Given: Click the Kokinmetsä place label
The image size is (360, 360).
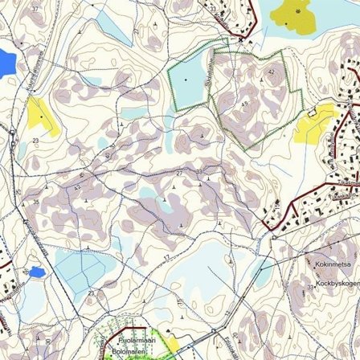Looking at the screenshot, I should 328,263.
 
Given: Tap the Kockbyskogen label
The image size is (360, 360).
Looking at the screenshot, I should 329,283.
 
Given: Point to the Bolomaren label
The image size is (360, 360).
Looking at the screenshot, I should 125,351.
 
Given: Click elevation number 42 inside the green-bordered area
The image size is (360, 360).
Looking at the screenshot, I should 271,72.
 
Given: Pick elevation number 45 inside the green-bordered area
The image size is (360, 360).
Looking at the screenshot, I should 244,104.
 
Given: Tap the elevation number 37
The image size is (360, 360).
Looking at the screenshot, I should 35,8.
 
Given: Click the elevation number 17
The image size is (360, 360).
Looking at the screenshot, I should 166,257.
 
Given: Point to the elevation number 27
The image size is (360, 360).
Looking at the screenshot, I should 179,172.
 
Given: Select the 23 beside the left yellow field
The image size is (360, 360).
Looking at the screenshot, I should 35,141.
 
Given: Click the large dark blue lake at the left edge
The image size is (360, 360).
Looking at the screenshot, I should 6,60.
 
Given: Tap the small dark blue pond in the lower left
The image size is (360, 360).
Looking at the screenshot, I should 35,272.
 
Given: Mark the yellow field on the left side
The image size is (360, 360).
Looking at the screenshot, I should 40,114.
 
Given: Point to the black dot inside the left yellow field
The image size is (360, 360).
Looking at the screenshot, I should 42,117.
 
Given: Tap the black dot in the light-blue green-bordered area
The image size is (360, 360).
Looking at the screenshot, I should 186,80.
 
